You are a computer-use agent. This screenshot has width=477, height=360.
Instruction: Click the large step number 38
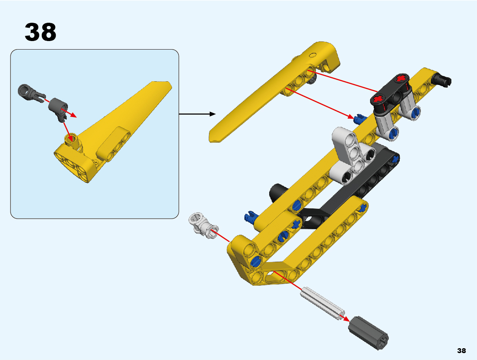40,32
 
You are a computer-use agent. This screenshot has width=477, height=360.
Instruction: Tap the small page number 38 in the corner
461,351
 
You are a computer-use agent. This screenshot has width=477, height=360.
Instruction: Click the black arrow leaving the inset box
197,114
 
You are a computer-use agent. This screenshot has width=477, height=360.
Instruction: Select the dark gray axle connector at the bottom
368,333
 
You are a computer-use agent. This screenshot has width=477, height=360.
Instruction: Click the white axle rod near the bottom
323,303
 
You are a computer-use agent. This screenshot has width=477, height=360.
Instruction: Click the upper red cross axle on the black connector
401,78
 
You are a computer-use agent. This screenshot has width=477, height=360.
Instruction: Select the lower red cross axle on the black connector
378,99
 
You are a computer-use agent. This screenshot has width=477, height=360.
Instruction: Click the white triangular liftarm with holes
353,155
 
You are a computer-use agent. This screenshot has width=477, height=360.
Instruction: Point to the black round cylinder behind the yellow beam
278,193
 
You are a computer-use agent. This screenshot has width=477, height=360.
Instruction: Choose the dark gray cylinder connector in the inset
59,109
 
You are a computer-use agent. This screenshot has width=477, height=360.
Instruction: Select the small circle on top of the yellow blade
312,55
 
